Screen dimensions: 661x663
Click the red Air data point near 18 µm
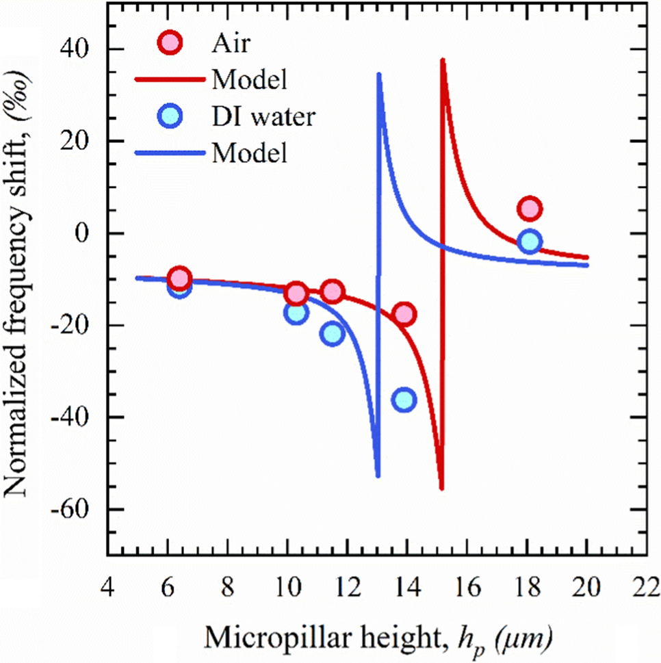(x=530, y=209)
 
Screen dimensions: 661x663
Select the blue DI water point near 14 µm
(x=404, y=400)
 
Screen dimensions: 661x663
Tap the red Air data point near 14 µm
(x=404, y=314)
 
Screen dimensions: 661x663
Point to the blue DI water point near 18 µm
(x=530, y=242)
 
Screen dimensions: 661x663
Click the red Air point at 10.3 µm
(x=296, y=293)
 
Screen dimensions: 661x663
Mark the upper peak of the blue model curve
(x=379, y=75)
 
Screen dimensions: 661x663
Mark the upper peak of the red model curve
(x=442, y=60)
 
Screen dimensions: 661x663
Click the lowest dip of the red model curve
(x=441, y=489)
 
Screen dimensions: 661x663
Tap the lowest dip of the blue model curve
(x=378, y=476)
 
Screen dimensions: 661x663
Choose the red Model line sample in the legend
(x=170, y=79)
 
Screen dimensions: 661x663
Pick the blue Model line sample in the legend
(x=170, y=153)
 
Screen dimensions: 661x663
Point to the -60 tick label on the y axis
(x=70, y=509)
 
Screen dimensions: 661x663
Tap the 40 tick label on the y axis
(x=75, y=49)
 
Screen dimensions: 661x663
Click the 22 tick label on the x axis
(x=646, y=587)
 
